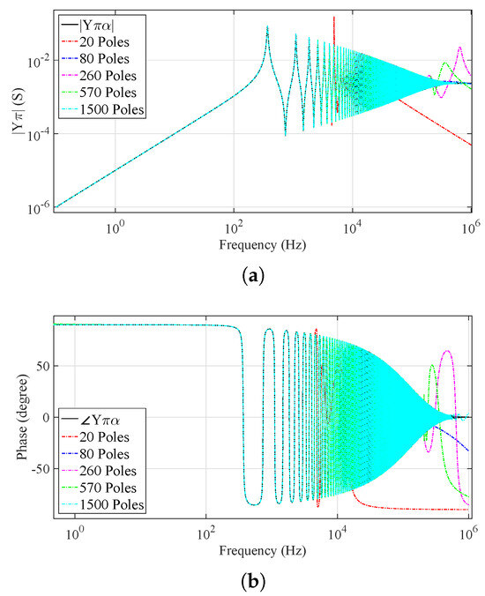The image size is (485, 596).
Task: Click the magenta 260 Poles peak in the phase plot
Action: pyautogui.click(x=448, y=352)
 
